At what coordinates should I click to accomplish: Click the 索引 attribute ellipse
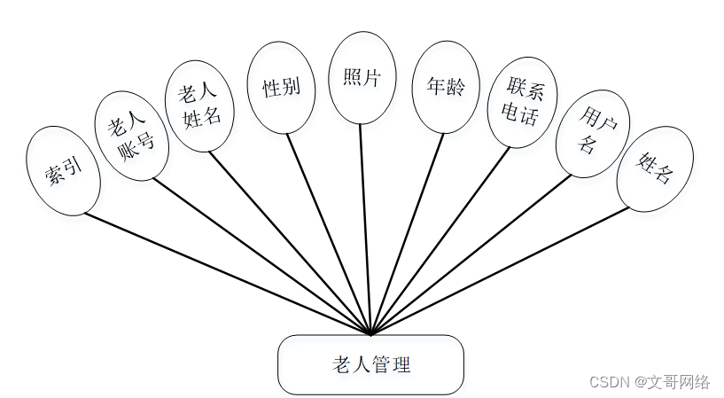(64, 170)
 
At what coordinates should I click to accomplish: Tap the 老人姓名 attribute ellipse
(199, 105)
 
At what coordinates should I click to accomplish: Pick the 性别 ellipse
(281, 88)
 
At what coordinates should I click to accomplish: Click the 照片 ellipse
(361, 77)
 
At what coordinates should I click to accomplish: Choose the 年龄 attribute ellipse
(445, 87)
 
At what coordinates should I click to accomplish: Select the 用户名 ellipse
(592, 132)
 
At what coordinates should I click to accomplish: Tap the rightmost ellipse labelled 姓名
(654, 168)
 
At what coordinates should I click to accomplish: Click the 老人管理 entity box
(370, 364)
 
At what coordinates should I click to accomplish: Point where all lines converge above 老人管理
(371, 332)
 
